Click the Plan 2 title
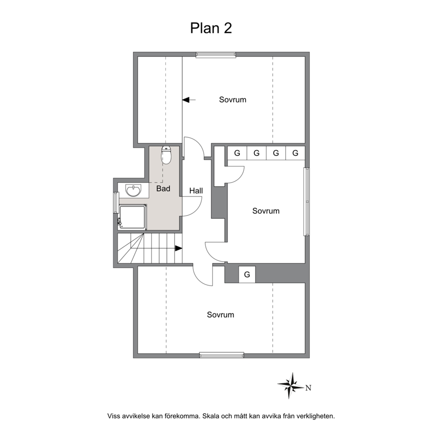click(211, 28)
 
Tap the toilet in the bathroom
click(166, 155)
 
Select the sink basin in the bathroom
click(133, 190)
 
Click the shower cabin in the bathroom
click(132, 216)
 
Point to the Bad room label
click(163, 188)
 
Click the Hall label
click(196, 191)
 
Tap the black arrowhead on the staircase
click(178, 248)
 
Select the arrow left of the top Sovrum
click(189, 100)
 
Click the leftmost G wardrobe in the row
click(237, 153)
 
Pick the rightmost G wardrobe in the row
click(295, 153)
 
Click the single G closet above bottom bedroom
click(247, 274)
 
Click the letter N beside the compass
click(308, 388)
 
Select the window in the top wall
click(216, 55)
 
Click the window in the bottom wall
click(221, 355)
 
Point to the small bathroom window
click(115, 202)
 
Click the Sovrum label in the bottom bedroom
click(221, 315)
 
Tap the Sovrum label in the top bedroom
click(233, 99)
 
